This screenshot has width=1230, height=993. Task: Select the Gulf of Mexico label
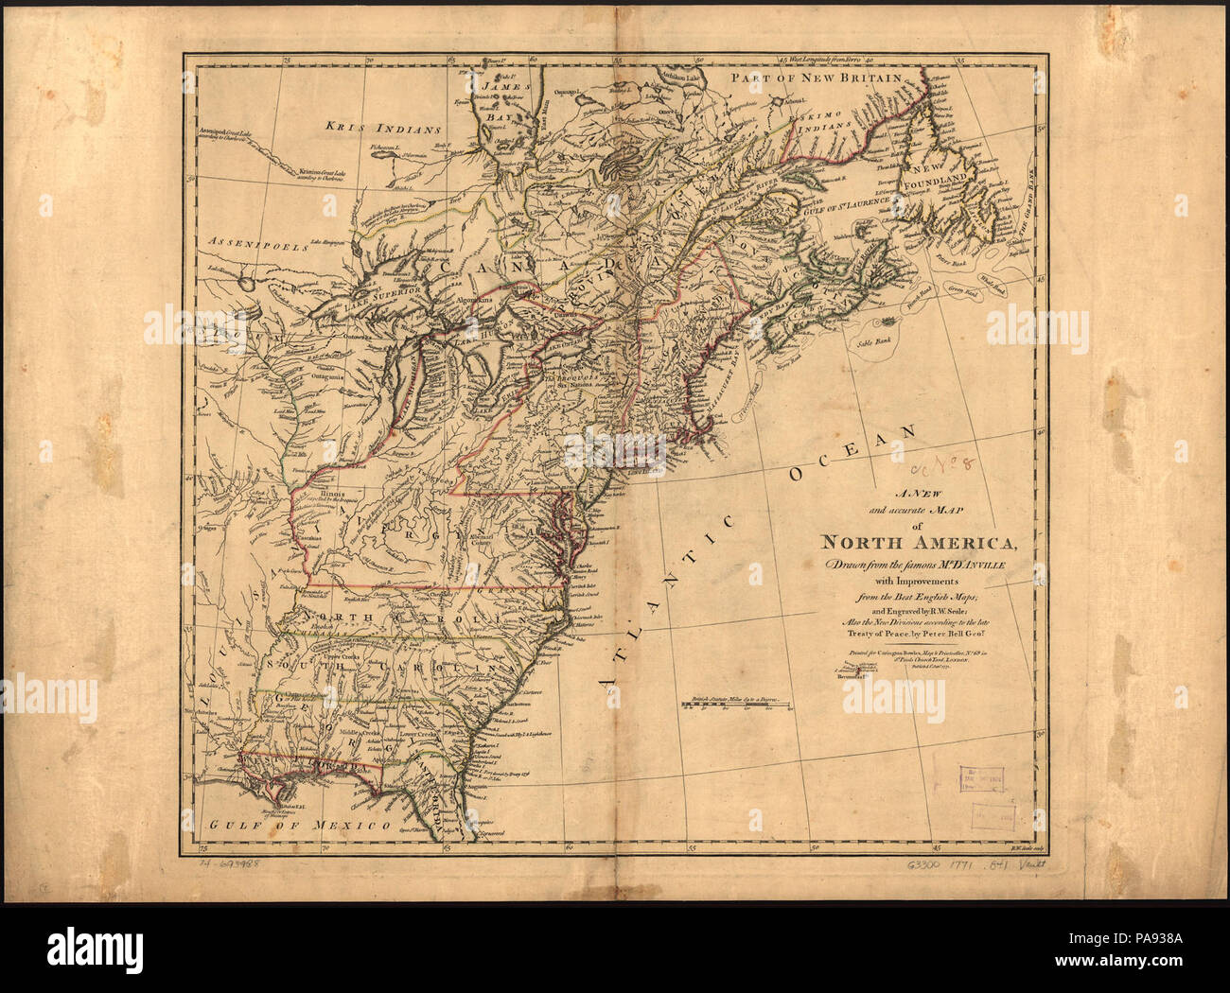tap(301, 825)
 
